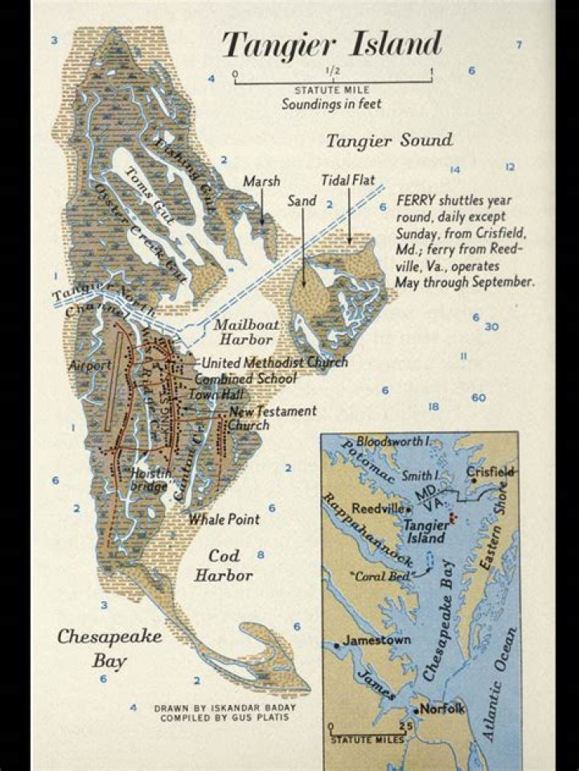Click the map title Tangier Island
tap(331, 44)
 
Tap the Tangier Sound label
tap(388, 141)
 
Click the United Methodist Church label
tap(274, 362)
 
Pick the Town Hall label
tap(211, 395)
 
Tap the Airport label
tap(90, 365)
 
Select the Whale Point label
tap(224, 519)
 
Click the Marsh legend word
tap(261, 181)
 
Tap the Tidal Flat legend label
tap(348, 179)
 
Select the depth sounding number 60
tap(478, 398)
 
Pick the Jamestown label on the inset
tap(376, 641)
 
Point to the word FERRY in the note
tap(416, 200)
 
